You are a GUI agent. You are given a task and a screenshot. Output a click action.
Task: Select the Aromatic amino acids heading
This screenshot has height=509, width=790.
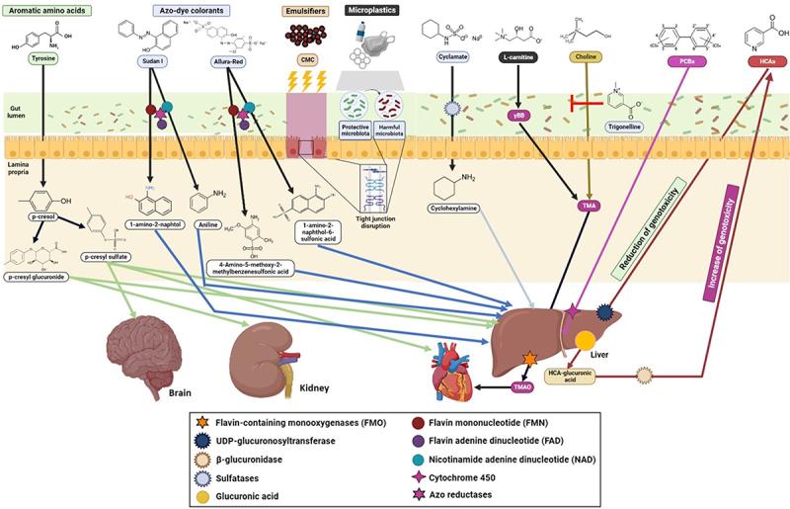[x=44, y=10]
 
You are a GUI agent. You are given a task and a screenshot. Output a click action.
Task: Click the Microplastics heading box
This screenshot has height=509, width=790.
[x=371, y=10]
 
